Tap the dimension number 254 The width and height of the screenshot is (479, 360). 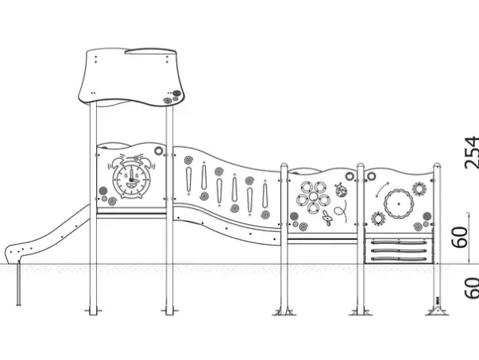471,153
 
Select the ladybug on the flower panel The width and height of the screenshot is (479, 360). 341,191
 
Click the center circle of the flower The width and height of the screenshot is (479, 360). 313,196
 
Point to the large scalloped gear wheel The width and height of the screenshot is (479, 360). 399,203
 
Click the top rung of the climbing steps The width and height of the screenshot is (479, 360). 399,242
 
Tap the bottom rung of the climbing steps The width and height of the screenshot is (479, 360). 399,259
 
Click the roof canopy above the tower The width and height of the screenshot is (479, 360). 132,77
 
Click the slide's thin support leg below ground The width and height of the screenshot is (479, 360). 19,283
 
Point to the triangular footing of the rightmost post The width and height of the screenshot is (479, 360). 437,311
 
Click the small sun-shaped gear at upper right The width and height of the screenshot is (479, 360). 418,188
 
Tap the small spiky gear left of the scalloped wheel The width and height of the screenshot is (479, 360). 378,219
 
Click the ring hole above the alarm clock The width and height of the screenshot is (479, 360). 159,150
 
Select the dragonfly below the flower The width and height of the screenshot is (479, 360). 327,218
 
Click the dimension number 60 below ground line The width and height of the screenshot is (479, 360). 471,288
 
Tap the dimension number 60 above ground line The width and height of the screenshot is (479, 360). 460,237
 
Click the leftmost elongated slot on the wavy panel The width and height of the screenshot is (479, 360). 189,180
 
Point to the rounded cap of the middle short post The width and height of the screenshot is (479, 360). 361,166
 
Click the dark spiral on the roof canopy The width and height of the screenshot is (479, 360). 176,93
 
